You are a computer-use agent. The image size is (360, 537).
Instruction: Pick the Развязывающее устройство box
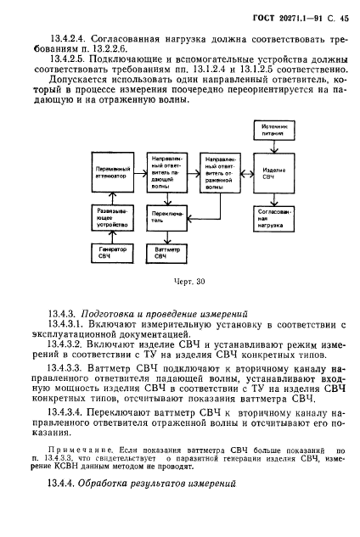[x=111, y=217]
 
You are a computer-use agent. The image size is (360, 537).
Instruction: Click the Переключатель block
[x=169, y=216]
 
